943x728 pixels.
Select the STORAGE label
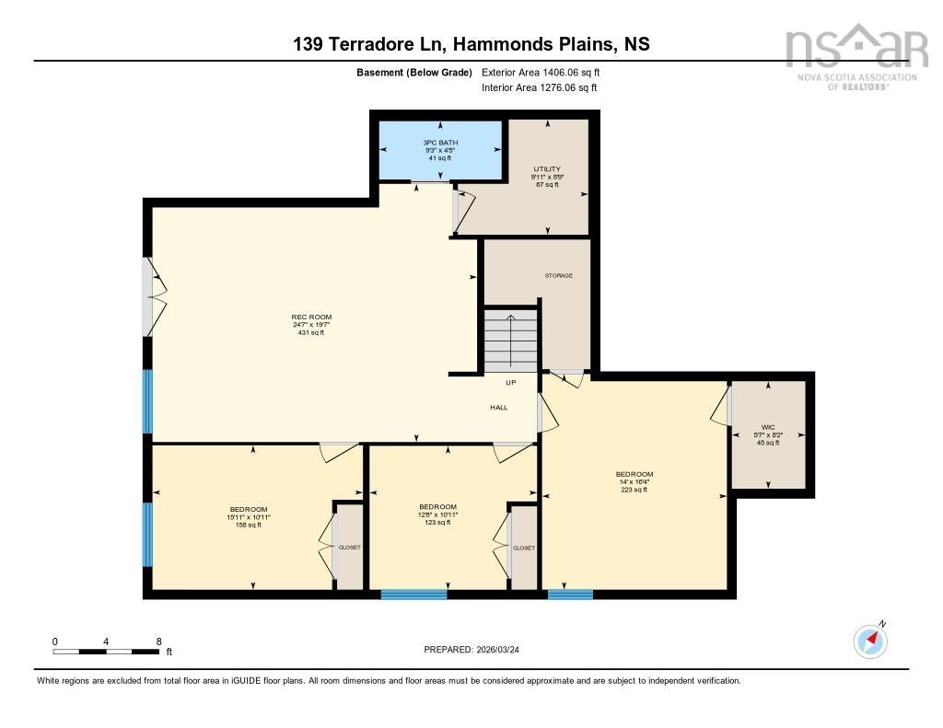(558, 275)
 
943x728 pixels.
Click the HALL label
(498, 407)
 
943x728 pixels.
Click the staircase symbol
(511, 341)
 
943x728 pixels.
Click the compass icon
(870, 641)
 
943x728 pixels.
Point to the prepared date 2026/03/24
(477, 649)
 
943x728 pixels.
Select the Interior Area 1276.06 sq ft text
(539, 87)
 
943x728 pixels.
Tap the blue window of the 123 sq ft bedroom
(413, 595)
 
